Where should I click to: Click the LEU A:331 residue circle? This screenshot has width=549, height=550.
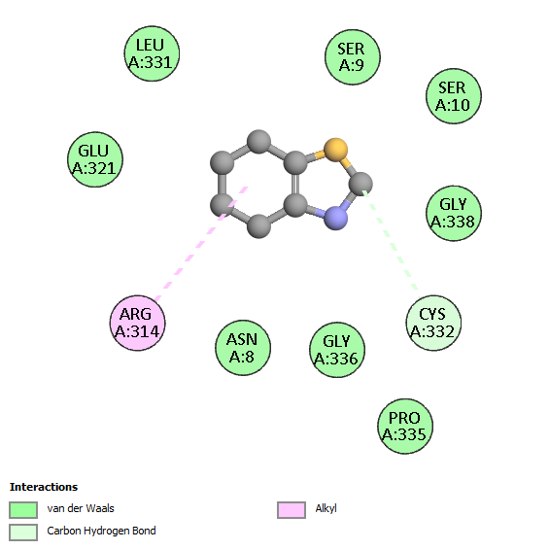point(152,53)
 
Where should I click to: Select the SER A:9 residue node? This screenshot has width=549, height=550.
point(352,57)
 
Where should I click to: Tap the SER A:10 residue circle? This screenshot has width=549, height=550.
point(453,96)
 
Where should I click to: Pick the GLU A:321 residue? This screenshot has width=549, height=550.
point(94,159)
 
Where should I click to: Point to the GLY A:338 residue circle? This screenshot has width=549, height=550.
point(453,213)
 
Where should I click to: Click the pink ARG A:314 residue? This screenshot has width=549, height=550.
point(137,323)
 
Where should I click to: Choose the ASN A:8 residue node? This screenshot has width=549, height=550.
point(243,348)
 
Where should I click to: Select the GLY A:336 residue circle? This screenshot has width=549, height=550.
point(337,350)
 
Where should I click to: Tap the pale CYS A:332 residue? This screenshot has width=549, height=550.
point(433,323)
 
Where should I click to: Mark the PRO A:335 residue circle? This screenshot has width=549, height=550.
point(405,427)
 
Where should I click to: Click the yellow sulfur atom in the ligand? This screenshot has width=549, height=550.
point(335,150)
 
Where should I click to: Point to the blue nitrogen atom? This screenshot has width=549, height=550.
point(335,218)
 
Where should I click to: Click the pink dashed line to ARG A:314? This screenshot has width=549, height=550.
point(201,244)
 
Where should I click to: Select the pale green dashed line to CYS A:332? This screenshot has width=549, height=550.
point(390,240)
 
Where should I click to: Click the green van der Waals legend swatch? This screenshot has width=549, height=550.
point(23,510)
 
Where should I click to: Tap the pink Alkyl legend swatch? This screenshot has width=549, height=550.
point(292,510)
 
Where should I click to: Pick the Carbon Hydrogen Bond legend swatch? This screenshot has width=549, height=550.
point(23,533)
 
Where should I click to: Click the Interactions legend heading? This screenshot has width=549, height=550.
point(44,487)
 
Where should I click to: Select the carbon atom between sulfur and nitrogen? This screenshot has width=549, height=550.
point(360,184)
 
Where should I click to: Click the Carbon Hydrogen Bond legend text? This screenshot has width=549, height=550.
point(101,532)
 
